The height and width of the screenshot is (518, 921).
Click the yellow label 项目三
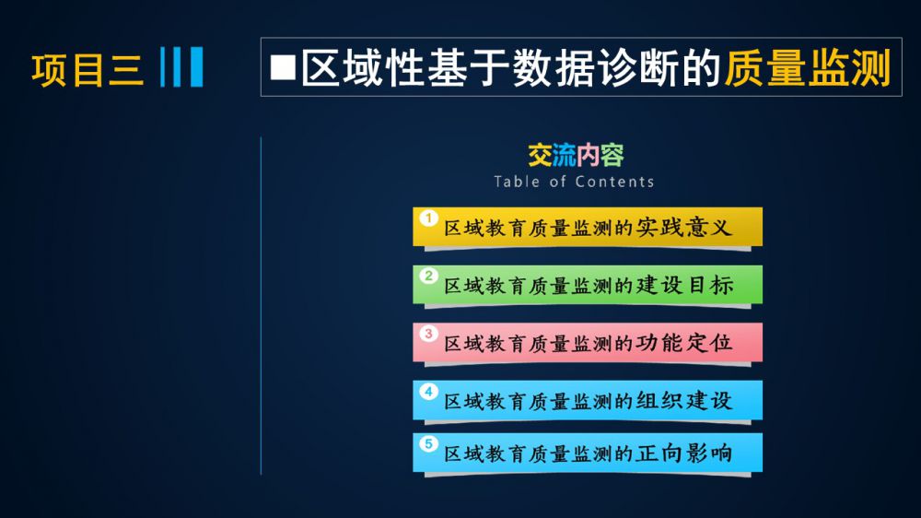click(x=87, y=70)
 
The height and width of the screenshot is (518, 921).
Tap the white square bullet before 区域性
click(x=283, y=67)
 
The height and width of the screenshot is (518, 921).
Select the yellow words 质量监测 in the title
click(x=808, y=67)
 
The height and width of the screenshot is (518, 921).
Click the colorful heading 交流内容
click(x=576, y=155)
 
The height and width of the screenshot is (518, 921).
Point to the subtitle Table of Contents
click(x=574, y=182)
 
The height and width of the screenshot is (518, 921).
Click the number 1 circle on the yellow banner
click(x=429, y=218)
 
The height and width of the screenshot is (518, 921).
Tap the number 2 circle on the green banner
click(x=429, y=276)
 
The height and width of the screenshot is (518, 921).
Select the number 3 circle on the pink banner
click(x=429, y=334)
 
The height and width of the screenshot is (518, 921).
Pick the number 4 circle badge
click(x=429, y=391)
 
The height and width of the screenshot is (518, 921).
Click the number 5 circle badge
click(x=429, y=443)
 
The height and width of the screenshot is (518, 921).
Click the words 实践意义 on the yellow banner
click(x=684, y=227)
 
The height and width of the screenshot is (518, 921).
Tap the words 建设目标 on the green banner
click(x=685, y=285)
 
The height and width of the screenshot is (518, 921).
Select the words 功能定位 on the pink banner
click(x=684, y=343)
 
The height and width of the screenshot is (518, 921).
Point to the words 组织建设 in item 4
click(x=684, y=400)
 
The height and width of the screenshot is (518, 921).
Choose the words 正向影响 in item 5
click(x=684, y=453)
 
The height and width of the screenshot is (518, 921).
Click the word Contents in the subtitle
click(x=614, y=182)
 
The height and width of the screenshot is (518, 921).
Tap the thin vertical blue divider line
click(x=261, y=306)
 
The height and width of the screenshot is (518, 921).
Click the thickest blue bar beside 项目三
click(x=196, y=67)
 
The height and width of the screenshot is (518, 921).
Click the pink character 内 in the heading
click(x=588, y=155)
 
